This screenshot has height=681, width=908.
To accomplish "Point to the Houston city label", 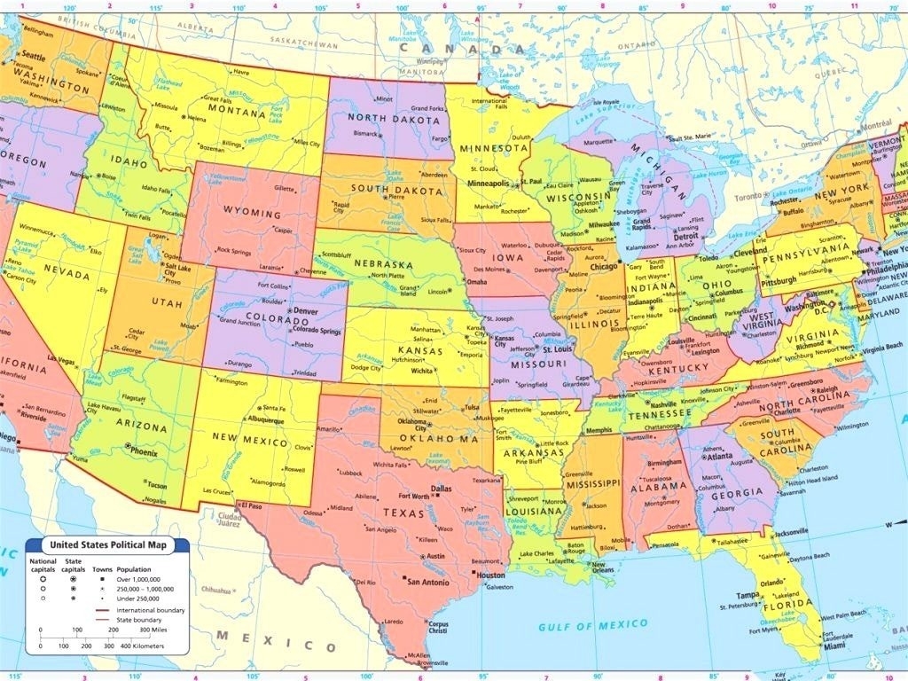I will (489, 575).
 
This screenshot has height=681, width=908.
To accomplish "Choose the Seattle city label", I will (33, 57).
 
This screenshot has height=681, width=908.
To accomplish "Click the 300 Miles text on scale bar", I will (169, 630).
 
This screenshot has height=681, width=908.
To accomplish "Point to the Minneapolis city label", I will (489, 184).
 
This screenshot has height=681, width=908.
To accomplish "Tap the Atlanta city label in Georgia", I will (721, 457).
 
